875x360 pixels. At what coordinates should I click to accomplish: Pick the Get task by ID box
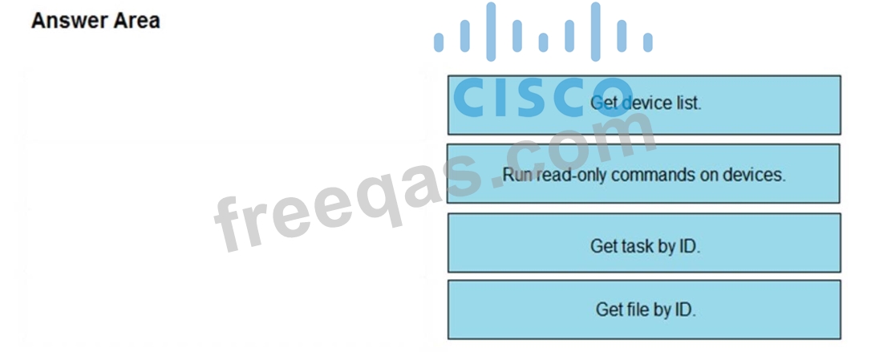pyautogui.click(x=644, y=243)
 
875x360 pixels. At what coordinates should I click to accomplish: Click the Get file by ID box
pyautogui.click(x=644, y=309)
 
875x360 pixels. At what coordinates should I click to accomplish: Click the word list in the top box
pyautogui.click(x=687, y=103)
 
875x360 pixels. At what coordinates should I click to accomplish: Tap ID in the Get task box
pyautogui.click(x=688, y=246)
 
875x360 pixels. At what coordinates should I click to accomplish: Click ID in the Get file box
pyautogui.click(x=683, y=309)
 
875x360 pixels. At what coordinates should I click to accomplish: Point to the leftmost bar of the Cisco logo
pyautogui.click(x=439, y=42)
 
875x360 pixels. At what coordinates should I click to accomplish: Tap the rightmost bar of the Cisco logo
pyautogui.click(x=647, y=42)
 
